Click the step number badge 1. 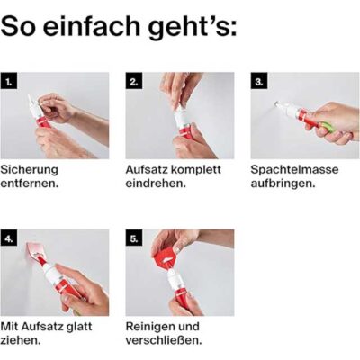[x=9, y=81]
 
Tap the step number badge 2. [x=134, y=81]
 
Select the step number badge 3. [x=259, y=81]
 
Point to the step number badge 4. [x=9, y=238]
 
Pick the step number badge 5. [x=134, y=238]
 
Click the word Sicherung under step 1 [x=30, y=170]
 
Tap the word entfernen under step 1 [x=30, y=184]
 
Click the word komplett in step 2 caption [x=196, y=170]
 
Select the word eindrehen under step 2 [x=156, y=184]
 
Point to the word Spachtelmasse [x=294, y=170]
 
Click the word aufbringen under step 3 [x=283, y=184]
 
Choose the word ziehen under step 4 [x=21, y=340]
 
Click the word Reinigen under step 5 [x=150, y=327]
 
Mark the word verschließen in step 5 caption [x=164, y=340]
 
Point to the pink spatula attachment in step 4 [x=35, y=250]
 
